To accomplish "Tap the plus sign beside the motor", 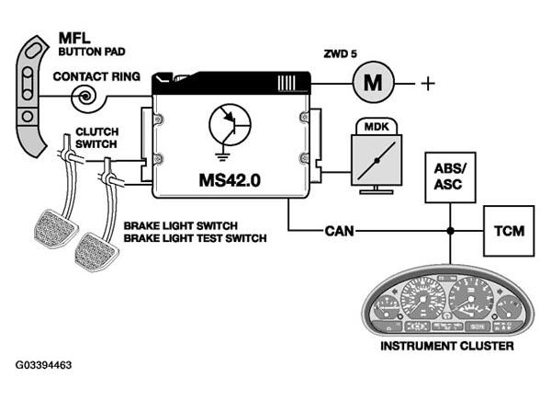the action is (428, 84).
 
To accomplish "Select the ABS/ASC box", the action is (450, 178).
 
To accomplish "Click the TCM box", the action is (509, 231).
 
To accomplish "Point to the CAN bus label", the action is (339, 231).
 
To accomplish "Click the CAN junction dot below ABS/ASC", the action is (450, 231).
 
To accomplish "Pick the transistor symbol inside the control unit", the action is (230, 124).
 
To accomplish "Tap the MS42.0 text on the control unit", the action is (230, 180).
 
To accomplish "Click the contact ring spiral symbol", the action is (85, 97).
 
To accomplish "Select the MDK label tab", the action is (377, 126).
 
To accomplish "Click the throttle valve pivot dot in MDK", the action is (377, 161).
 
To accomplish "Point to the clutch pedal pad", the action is (55, 228).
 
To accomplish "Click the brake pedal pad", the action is (96, 251).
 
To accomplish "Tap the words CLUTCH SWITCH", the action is (96, 138).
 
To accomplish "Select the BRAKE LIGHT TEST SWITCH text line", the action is (195, 238).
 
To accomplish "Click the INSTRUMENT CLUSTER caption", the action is (447, 346).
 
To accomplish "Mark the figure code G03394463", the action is (43, 365).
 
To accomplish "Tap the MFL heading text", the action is (74, 38).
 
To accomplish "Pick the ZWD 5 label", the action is (340, 54).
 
